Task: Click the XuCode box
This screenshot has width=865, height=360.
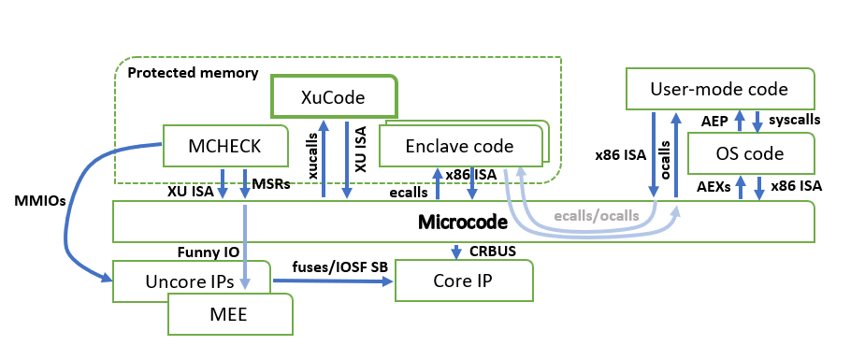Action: [x=333, y=96]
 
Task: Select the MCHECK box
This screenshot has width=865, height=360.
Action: [x=225, y=146]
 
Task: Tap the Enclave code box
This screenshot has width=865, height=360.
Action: [x=460, y=146]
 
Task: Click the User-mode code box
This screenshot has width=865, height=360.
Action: [x=720, y=89]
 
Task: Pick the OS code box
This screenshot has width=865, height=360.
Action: [x=751, y=152]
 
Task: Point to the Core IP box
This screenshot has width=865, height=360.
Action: [x=464, y=281]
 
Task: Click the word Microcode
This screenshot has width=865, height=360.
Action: [x=462, y=223]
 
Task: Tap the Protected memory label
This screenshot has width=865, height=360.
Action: [x=193, y=73]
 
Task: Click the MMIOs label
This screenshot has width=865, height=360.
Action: [x=39, y=201]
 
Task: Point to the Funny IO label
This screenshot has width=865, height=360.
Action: [x=209, y=252]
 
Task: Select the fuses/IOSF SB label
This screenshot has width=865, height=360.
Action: [x=340, y=266]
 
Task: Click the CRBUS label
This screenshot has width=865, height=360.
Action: [x=493, y=252]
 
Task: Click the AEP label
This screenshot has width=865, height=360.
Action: [x=714, y=120]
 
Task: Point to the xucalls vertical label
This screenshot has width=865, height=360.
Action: [x=313, y=155]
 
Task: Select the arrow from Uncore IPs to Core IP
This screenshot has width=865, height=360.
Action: [x=333, y=281]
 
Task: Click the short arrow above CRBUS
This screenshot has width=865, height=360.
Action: [x=456, y=252]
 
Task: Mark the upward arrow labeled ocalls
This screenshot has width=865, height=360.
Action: [x=676, y=154]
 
